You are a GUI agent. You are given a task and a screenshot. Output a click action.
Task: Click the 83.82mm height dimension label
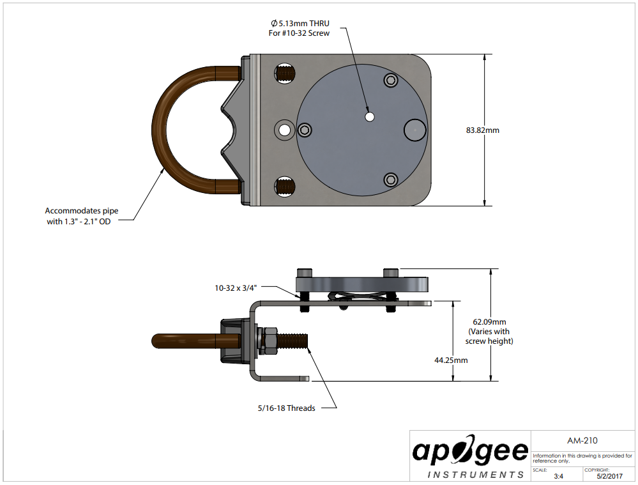point(482,130)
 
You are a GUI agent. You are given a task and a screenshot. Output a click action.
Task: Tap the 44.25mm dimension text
point(451,360)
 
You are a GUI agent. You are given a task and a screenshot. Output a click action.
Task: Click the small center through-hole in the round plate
point(369,116)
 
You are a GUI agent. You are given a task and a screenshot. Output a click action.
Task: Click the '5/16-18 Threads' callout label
point(286,408)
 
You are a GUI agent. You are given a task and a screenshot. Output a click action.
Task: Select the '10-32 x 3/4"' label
point(236,288)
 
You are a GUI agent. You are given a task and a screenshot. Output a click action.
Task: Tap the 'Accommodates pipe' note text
point(82,210)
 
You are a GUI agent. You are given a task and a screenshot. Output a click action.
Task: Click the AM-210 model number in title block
point(582,440)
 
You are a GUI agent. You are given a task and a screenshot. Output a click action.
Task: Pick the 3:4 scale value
point(558,476)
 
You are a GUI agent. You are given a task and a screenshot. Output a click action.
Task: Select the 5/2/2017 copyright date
point(609,476)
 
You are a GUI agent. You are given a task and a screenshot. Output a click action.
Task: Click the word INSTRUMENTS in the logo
point(475,475)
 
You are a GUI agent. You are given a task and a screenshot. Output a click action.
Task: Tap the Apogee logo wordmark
point(470,451)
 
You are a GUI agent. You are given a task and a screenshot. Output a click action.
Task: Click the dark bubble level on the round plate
point(414,130)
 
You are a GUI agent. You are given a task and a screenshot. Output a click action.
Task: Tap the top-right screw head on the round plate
point(390,80)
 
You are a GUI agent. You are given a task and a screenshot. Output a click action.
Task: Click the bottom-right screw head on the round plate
point(390,179)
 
